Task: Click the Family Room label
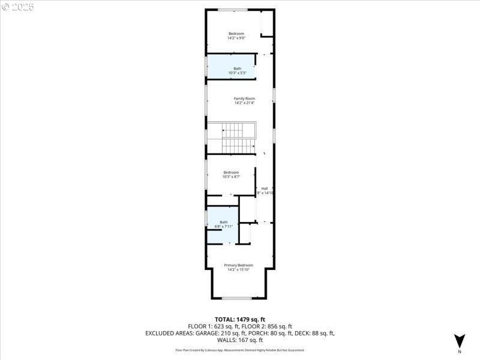coord(244,98)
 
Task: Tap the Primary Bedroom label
coord(238,265)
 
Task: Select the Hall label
coord(264,188)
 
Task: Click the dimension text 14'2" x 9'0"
coord(236,38)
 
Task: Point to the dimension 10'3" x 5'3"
coord(237,73)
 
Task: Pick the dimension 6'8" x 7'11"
coord(223,226)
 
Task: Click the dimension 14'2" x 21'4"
coord(244,103)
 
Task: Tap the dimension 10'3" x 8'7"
coord(231,177)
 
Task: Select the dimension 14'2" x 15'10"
coord(238,269)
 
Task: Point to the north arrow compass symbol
coord(459,341)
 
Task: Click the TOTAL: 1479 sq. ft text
coord(239,319)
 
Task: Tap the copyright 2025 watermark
coord(18,7)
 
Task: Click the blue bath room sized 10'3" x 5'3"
coord(231,66)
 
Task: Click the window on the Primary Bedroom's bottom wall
coord(237,298)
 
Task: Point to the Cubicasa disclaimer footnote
coord(239,350)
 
